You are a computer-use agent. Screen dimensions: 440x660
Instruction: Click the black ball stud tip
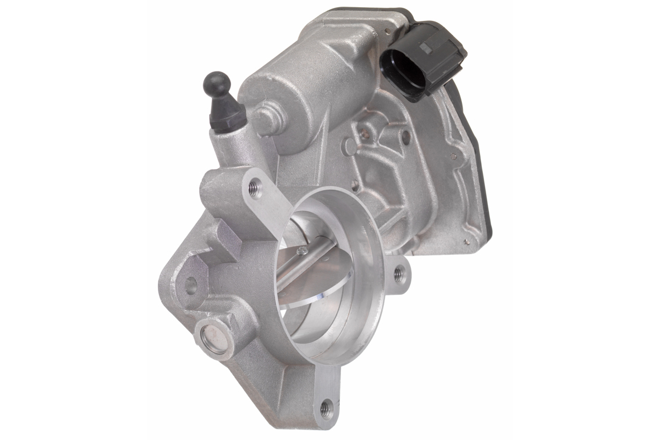point(217,84)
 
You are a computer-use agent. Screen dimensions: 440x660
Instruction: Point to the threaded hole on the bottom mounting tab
point(326,408)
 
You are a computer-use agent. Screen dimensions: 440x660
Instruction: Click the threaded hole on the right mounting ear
point(400,272)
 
